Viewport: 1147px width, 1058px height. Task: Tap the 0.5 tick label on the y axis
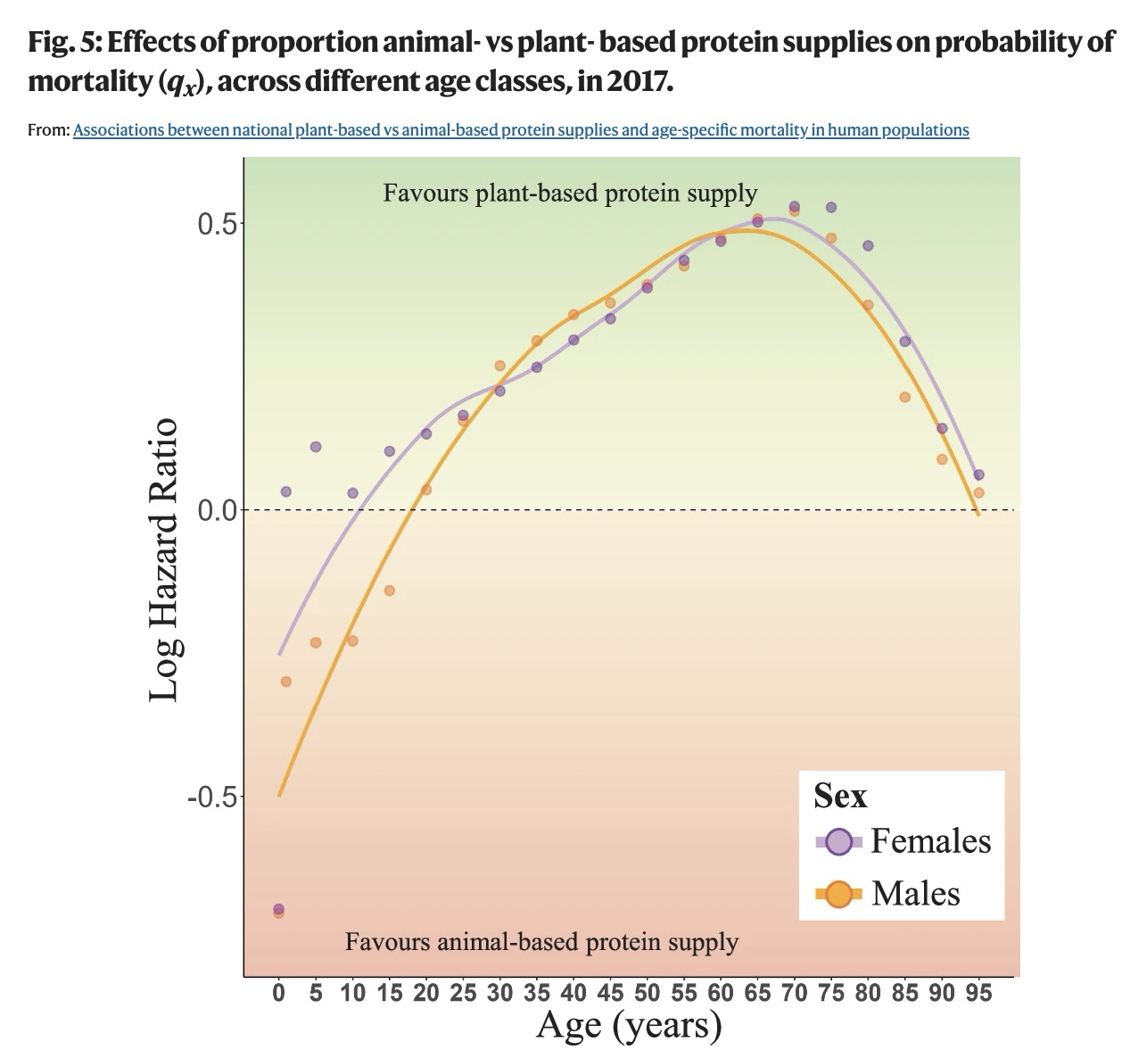[217, 223]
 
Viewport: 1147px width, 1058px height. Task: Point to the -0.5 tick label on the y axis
[211, 796]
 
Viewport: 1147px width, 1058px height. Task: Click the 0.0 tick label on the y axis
[217, 510]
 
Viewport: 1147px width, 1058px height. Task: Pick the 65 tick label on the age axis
[757, 993]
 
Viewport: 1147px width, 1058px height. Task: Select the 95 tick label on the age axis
[978, 993]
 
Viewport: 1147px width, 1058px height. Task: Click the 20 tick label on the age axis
[426, 993]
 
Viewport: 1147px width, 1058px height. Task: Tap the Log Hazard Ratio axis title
[164, 560]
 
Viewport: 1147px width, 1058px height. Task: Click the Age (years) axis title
[629, 1025]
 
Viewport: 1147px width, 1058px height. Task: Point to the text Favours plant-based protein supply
[570, 193]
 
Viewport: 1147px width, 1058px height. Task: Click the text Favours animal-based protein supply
[541, 942]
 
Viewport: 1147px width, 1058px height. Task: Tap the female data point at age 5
[315, 447]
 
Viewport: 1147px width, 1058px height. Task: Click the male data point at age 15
[389, 591]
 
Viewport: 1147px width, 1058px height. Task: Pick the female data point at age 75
[831, 207]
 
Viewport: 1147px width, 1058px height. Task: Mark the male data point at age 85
[904, 397]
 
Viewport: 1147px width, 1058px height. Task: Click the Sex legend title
[840, 796]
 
